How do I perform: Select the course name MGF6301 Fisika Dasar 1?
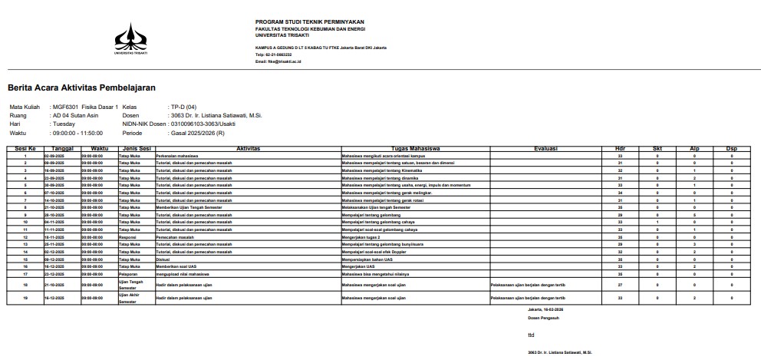[84, 107]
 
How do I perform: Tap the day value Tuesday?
[64, 124]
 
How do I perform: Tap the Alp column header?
[693, 149]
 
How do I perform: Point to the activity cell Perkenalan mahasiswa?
[177, 156]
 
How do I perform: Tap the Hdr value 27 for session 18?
[619, 284]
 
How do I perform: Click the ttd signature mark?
[530, 335]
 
